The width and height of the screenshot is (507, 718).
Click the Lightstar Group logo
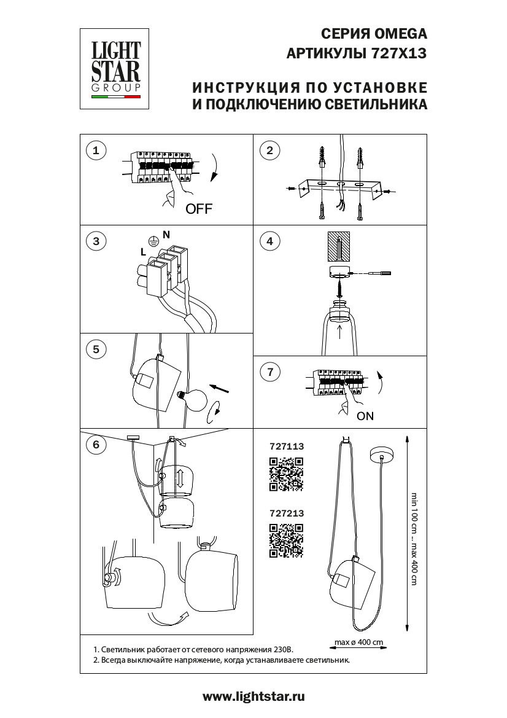(116, 68)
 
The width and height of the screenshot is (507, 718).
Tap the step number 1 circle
(96, 150)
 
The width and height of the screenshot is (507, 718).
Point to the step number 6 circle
(96, 446)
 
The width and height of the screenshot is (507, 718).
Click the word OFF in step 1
(199, 209)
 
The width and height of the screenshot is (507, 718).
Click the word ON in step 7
(365, 416)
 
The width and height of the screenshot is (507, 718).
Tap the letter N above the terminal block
(166, 234)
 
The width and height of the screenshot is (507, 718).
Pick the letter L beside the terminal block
(143, 252)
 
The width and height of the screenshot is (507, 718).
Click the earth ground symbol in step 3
(153, 242)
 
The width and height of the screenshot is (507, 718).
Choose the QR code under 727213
(287, 540)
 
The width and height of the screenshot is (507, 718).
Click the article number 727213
(287, 512)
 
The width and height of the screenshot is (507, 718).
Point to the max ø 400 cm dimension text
(358, 642)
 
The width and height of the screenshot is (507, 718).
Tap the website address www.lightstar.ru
(253, 697)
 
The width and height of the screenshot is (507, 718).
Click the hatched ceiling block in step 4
(338, 245)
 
